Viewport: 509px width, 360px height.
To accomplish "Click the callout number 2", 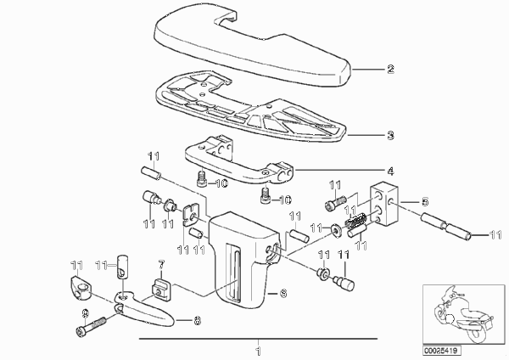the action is (390, 70).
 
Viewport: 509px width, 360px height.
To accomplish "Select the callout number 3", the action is (390, 135).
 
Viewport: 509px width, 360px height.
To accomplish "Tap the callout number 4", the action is (390, 171).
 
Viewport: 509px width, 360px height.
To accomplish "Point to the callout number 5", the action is (425, 202).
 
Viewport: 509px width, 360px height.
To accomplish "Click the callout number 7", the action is (161, 264).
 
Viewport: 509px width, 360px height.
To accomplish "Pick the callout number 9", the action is (85, 313).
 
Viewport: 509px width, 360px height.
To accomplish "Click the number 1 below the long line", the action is (259, 352).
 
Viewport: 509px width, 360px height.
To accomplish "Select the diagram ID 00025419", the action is (442, 351).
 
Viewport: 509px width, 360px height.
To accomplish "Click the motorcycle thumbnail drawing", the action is (462, 314).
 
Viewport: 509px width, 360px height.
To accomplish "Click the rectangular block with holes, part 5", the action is (384, 204).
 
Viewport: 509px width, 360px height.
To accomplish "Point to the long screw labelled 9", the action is (92, 326).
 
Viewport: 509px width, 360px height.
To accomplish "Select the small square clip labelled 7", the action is (161, 290).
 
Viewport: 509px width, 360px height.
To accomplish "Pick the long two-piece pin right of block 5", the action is (446, 226).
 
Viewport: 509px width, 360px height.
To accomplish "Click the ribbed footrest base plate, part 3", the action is (250, 107).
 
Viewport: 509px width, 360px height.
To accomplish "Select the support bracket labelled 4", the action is (238, 160).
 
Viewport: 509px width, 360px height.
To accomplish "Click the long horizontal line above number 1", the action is (259, 339).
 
